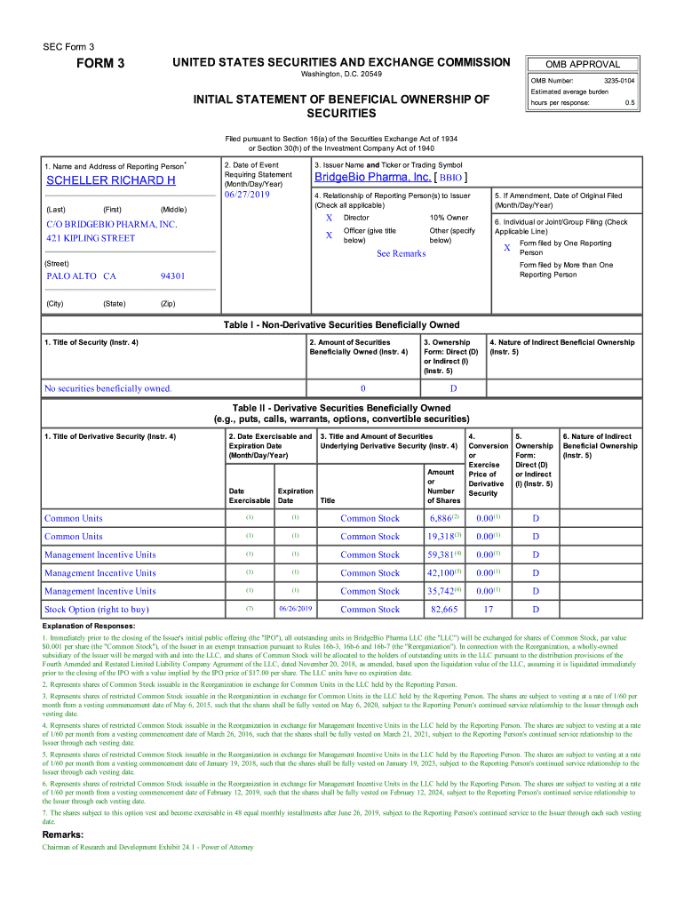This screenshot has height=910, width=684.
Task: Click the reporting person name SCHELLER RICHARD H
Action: [x=110, y=180]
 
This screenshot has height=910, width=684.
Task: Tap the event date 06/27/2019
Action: [x=246, y=194]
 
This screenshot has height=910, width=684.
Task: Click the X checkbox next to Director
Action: [x=329, y=218]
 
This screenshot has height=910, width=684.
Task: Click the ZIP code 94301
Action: [x=172, y=276]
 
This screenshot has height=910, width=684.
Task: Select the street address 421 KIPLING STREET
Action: [x=91, y=238]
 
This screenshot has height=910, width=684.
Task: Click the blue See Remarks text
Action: [x=401, y=253]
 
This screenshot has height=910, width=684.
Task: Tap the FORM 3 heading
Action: [x=99, y=63]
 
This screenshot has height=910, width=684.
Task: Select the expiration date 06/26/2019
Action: [x=295, y=610]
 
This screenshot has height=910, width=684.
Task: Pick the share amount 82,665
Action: [x=443, y=610]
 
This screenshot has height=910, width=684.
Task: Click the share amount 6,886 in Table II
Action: [x=441, y=518]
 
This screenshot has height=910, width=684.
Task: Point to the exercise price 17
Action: [x=488, y=610]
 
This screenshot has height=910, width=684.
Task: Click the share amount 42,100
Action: [x=441, y=573]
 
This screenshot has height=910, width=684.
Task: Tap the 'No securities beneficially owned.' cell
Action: [x=108, y=388]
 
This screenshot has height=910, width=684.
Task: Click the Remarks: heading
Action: [x=63, y=834]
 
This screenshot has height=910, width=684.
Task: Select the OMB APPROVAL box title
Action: [x=581, y=64]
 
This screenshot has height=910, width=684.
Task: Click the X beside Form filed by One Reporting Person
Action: [x=507, y=248]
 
